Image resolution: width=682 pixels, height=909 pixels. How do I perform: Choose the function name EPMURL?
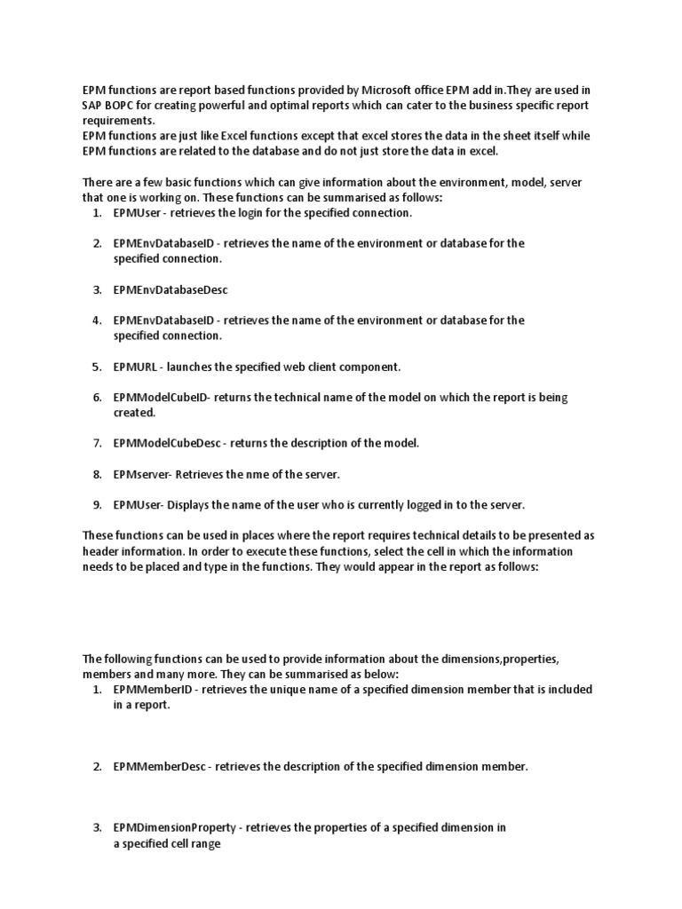[133, 366]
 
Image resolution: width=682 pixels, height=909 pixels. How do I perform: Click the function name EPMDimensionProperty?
[175, 828]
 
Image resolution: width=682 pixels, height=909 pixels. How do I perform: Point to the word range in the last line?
[204, 844]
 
